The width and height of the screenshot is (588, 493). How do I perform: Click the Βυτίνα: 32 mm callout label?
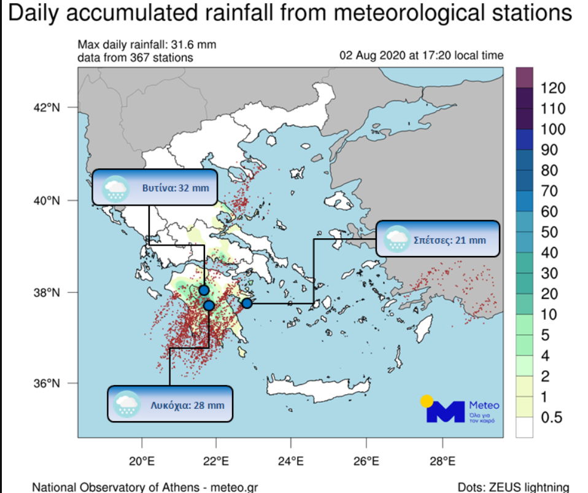(155, 187)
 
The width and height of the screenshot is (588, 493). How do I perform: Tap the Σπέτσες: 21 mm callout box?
(438, 238)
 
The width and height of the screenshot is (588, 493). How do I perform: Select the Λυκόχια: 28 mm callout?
(170, 404)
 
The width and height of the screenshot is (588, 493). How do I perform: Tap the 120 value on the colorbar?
(553, 89)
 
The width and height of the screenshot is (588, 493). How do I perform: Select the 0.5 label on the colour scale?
(551, 418)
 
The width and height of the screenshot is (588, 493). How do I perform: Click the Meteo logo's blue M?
(446, 411)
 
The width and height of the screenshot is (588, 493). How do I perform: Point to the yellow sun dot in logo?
(427, 402)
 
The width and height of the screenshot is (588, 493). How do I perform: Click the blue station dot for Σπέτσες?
(247, 303)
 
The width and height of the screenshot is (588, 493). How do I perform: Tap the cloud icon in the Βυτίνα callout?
(115, 188)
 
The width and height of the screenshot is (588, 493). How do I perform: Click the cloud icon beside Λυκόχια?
(128, 404)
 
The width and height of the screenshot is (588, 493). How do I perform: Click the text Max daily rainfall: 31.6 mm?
(147, 45)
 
